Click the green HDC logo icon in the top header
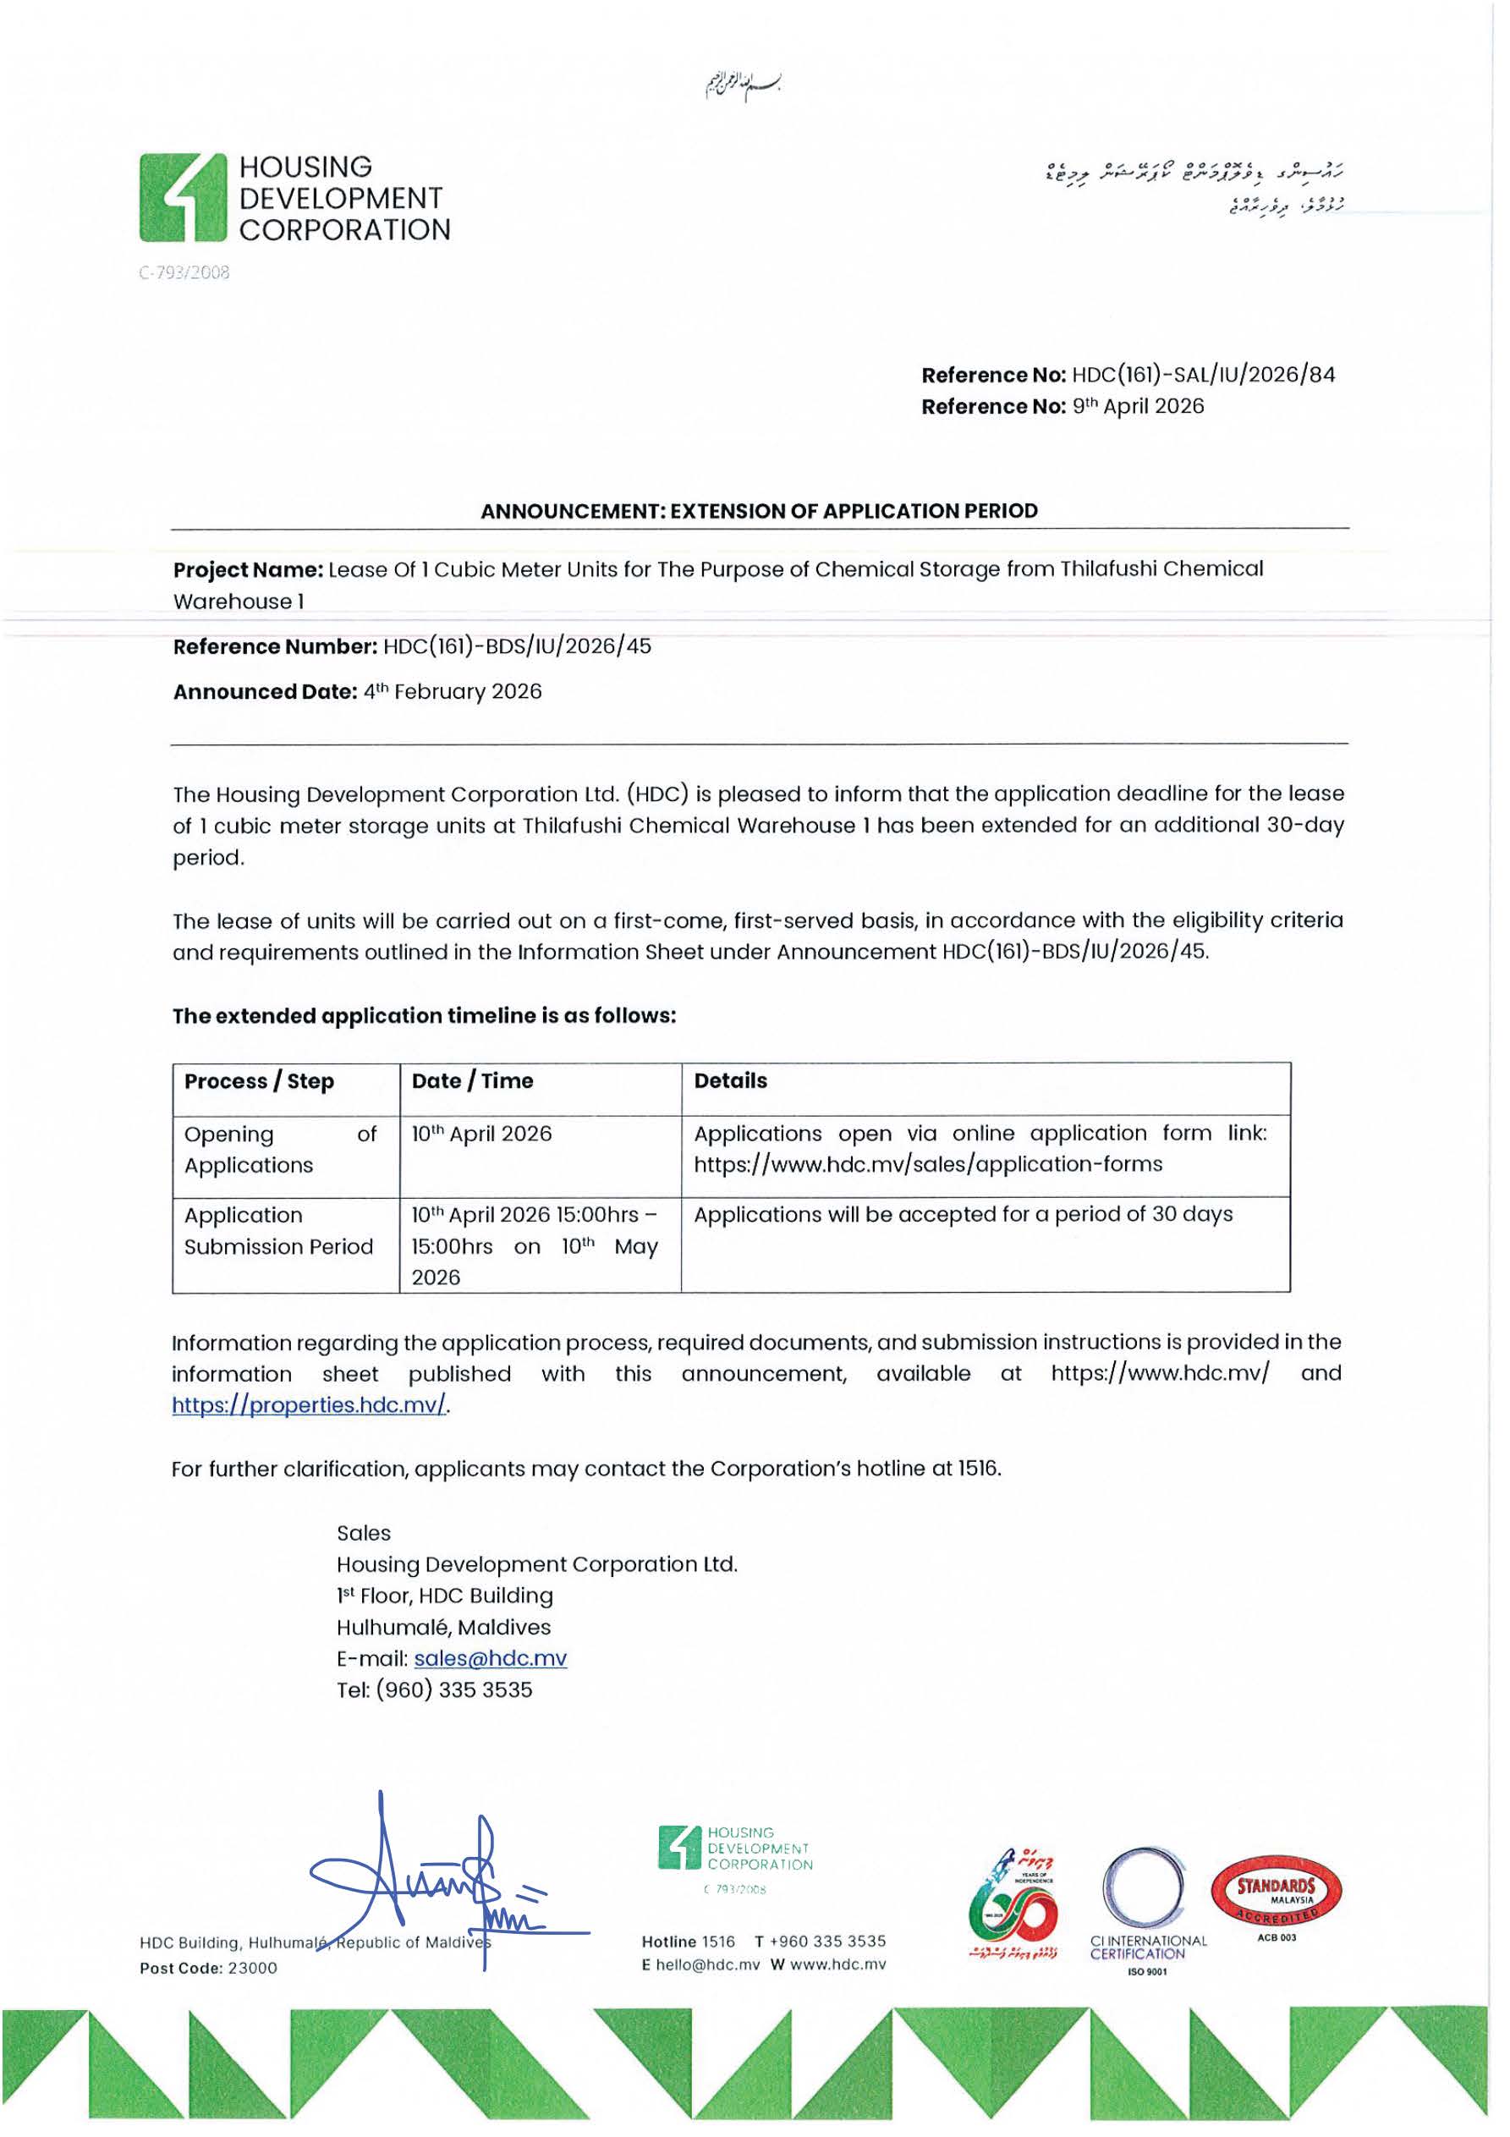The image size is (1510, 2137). coord(184,197)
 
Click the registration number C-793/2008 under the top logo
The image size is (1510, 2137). coord(184,272)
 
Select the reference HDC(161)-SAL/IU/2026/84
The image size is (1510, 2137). coord(1203,375)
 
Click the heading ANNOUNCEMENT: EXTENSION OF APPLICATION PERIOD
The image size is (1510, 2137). coord(759,511)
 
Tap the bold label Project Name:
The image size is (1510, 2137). coord(248,569)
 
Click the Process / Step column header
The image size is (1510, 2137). coord(259,1081)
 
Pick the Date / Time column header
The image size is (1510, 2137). coord(472,1081)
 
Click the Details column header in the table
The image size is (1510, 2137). coord(731,1081)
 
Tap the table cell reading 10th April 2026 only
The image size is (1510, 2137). coord(481,1134)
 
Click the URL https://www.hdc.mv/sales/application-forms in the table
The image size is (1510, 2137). coord(927,1164)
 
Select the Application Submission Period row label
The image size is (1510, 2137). coord(277,1232)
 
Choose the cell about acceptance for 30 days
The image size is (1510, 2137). coord(963,1215)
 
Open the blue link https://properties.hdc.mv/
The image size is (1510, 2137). coord(309,1405)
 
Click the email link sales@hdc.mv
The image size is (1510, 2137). coord(490,1659)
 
